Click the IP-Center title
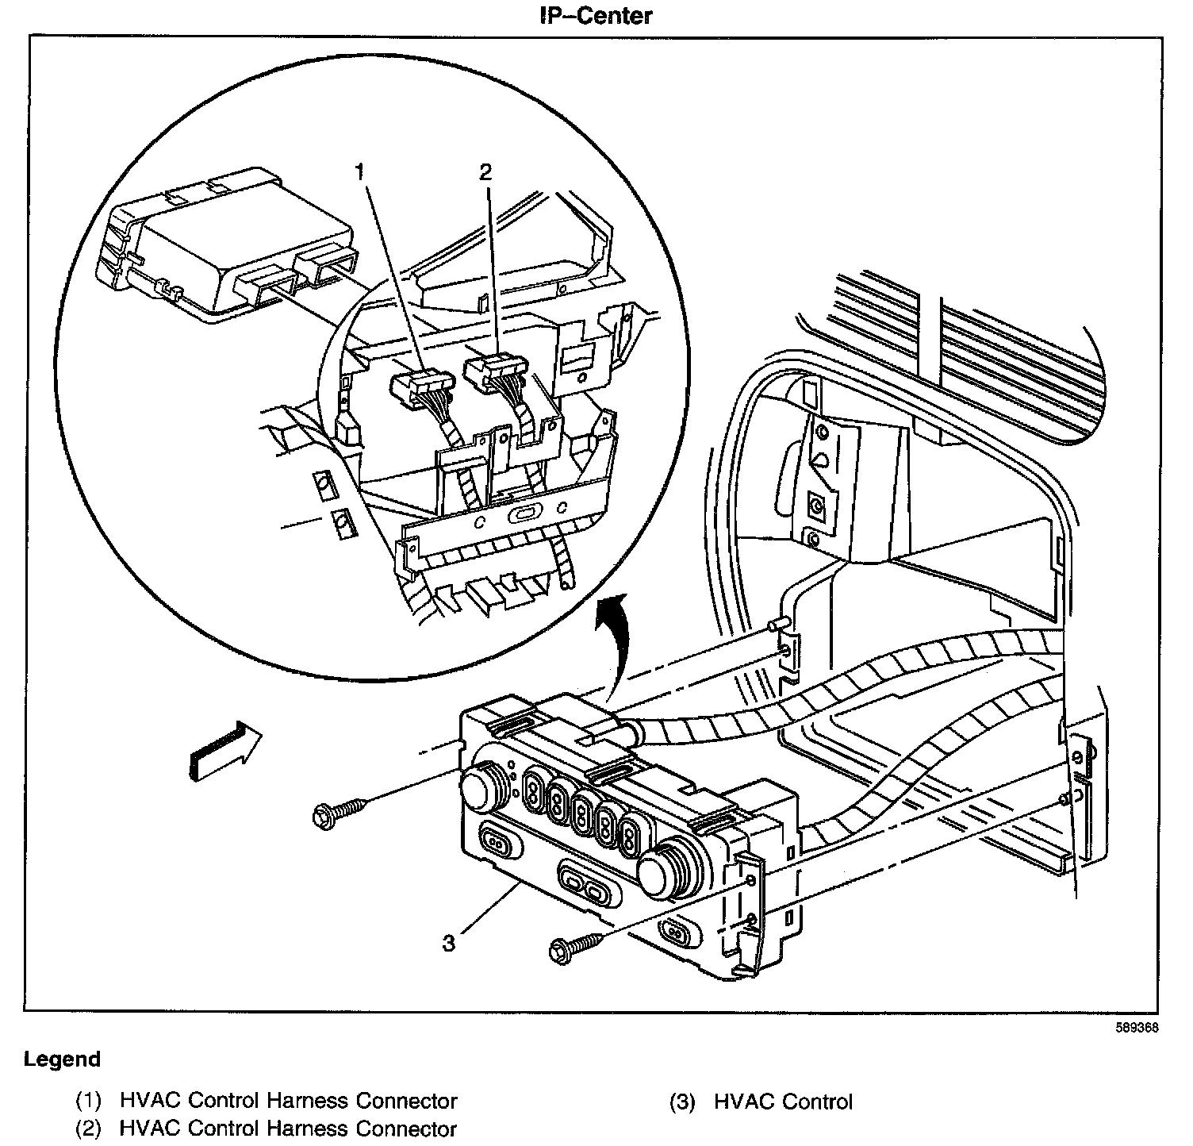coord(595,15)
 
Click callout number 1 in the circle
coord(360,171)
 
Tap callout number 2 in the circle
coord(485,171)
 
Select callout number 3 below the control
coord(449,944)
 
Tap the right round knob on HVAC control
coord(664,870)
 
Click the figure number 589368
coord(1137,1027)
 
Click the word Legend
coord(63,1059)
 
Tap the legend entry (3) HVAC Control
coord(761,1102)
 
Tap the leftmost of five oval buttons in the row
coord(535,789)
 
